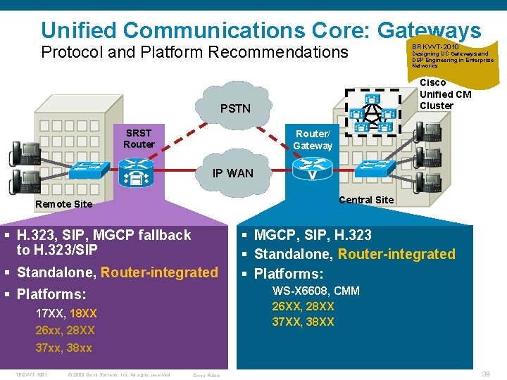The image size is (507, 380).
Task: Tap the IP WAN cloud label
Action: click(x=233, y=173)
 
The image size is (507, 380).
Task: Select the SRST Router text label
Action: click(x=139, y=139)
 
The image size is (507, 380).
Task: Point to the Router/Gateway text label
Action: click(x=313, y=140)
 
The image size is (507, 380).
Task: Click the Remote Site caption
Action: click(x=63, y=204)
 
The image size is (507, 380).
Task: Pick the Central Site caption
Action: click(x=366, y=200)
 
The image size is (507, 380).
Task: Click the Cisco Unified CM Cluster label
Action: click(x=445, y=94)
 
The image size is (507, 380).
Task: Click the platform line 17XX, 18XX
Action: click(x=66, y=313)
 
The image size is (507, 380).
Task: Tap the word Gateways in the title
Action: click(x=429, y=30)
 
